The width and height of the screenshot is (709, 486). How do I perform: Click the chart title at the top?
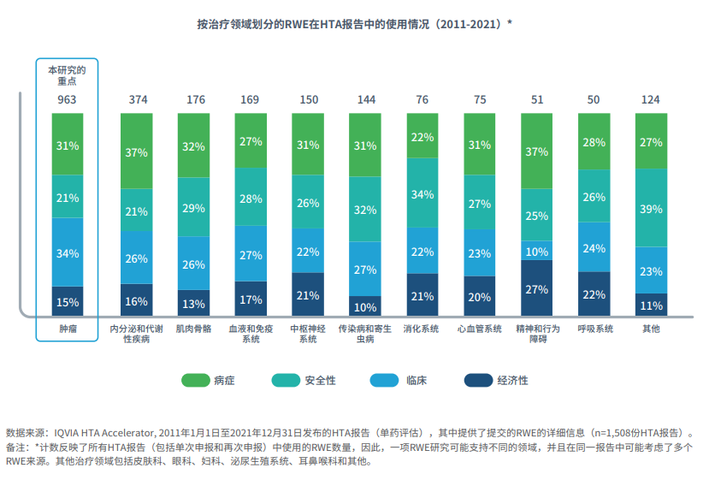(x=354, y=24)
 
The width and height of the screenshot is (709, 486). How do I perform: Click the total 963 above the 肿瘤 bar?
(x=68, y=99)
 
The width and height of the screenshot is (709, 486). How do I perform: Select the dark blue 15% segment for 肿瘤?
(x=68, y=301)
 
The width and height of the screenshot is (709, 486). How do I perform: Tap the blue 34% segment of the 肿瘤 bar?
(x=68, y=252)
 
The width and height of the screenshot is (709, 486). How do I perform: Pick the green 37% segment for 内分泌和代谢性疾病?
(x=137, y=151)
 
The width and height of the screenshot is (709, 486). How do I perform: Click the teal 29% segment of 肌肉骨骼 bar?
(x=194, y=208)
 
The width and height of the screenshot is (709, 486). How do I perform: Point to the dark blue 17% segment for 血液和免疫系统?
(x=251, y=299)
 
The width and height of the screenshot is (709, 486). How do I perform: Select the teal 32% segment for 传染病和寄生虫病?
(x=366, y=210)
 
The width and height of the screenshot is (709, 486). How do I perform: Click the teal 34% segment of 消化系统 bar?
(x=422, y=194)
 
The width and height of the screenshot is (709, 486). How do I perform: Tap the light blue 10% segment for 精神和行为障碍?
(x=537, y=251)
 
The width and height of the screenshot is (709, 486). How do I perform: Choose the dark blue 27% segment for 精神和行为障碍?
(x=537, y=289)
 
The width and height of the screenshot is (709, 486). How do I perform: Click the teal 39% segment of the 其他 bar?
(x=651, y=209)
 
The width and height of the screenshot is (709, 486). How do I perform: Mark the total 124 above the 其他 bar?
(x=651, y=99)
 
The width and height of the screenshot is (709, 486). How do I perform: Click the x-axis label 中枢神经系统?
(x=309, y=334)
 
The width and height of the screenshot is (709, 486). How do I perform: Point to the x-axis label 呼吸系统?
(x=594, y=329)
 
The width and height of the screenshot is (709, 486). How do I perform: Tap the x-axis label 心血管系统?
(x=480, y=329)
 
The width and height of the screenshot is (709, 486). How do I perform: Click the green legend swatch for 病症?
(x=196, y=381)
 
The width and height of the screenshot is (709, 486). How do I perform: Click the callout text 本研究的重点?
(x=68, y=74)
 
